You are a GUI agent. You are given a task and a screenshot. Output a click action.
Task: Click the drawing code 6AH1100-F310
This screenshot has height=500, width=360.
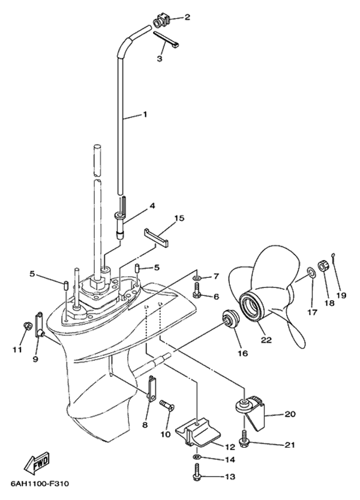click(x=40, y=483)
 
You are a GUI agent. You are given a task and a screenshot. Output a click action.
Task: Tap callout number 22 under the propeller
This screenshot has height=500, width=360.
click(x=265, y=340)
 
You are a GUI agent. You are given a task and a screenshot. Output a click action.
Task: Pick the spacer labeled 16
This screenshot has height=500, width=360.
click(x=229, y=318)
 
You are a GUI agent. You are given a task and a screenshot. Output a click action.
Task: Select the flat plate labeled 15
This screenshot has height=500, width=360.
click(x=155, y=236)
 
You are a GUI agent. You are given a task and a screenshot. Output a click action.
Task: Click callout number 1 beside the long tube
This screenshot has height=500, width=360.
click(x=144, y=114)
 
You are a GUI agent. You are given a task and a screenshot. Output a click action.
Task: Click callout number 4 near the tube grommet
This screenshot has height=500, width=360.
click(x=152, y=205)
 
